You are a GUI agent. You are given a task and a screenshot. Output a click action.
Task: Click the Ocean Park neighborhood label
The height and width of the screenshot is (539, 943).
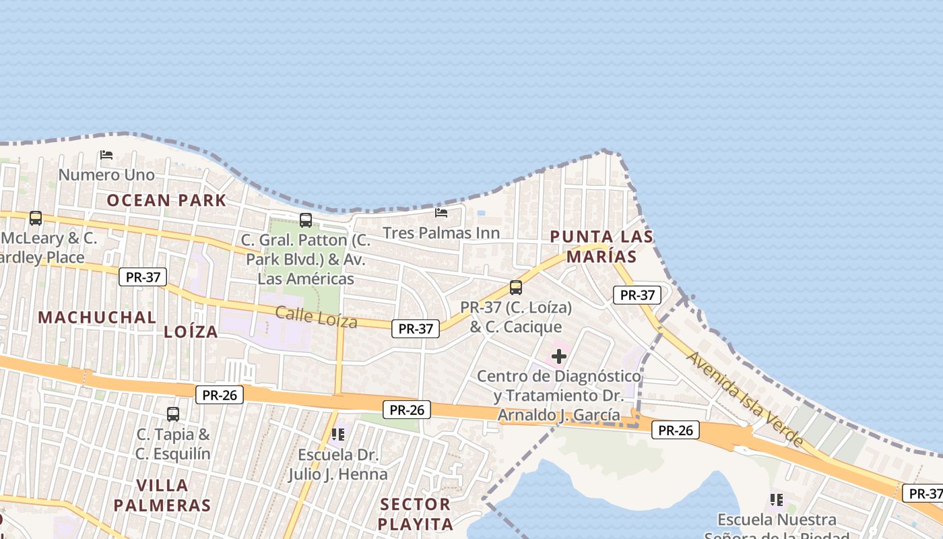click(166, 200)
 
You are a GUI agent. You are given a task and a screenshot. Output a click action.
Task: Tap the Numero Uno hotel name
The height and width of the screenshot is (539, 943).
click(106, 175)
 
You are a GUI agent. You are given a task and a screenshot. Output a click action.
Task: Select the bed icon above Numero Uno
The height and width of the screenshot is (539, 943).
click(106, 155)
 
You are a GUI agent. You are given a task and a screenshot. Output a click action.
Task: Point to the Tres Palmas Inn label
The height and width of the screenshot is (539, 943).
click(441, 233)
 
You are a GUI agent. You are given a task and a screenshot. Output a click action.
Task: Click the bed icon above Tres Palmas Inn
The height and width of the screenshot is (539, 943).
click(441, 213)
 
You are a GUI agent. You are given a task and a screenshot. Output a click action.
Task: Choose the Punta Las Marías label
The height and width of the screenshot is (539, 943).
click(601, 247)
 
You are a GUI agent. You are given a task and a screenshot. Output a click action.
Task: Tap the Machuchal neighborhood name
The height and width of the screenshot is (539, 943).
click(97, 317)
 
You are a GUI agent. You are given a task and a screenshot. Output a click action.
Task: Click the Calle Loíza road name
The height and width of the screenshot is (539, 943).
click(316, 316)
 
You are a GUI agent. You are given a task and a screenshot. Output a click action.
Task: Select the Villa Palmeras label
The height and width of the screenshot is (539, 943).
click(162, 495)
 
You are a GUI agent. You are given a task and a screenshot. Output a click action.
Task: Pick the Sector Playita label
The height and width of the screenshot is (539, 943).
click(415, 514)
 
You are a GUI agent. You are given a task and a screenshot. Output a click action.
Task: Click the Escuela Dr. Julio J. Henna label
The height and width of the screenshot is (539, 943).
click(338, 464)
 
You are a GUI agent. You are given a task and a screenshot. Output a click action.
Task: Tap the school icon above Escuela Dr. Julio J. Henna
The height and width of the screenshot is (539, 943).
click(338, 434)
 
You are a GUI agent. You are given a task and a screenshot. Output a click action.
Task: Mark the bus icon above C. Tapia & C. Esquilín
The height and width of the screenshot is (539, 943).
click(173, 414)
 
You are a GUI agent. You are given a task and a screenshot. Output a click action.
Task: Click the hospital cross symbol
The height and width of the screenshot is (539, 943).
click(559, 356)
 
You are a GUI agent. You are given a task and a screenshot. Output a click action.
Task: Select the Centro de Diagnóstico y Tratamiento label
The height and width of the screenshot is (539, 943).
click(559, 395)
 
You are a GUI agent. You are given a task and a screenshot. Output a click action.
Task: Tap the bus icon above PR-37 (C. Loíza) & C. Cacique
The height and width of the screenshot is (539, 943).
click(516, 288)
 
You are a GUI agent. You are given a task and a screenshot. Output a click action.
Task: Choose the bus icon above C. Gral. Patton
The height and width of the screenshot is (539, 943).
click(306, 220)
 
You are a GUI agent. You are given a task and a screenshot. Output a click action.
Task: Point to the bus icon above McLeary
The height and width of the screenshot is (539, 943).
click(36, 218)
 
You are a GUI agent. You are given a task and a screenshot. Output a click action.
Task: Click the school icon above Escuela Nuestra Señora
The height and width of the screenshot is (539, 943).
click(777, 500)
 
